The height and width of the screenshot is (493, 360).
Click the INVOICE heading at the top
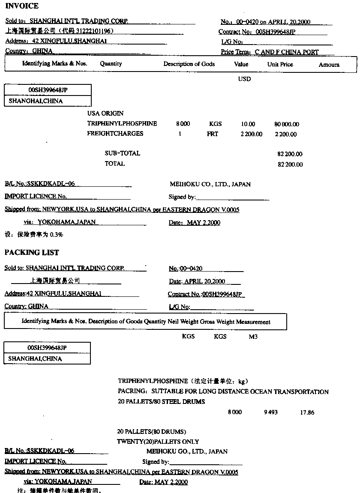point(22,6)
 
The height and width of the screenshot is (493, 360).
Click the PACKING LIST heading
point(32,252)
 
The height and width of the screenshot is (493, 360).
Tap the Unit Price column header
point(280,64)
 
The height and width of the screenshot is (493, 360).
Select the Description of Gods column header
point(189,64)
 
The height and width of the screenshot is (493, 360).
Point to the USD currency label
point(244,79)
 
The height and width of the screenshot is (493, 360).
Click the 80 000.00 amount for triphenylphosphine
point(287,124)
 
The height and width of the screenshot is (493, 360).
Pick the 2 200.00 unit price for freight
point(251,134)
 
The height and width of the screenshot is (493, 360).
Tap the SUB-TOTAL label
point(122,153)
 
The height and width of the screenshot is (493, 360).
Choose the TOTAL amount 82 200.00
point(290,164)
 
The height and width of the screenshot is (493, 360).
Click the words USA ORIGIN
point(105,114)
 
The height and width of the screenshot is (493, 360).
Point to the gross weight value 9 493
point(270,412)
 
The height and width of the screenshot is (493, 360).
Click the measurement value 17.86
point(307,412)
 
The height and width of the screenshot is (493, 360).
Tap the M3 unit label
point(253,337)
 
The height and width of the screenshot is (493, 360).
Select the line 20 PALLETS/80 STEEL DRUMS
point(161,402)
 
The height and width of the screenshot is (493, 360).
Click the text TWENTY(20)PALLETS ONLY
point(158,441)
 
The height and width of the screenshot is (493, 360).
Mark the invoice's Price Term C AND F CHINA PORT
point(287,52)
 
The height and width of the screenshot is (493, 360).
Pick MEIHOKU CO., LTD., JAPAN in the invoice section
point(210,184)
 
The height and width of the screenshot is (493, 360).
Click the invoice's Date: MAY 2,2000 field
point(195,223)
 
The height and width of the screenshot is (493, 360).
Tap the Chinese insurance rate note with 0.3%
point(34,235)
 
